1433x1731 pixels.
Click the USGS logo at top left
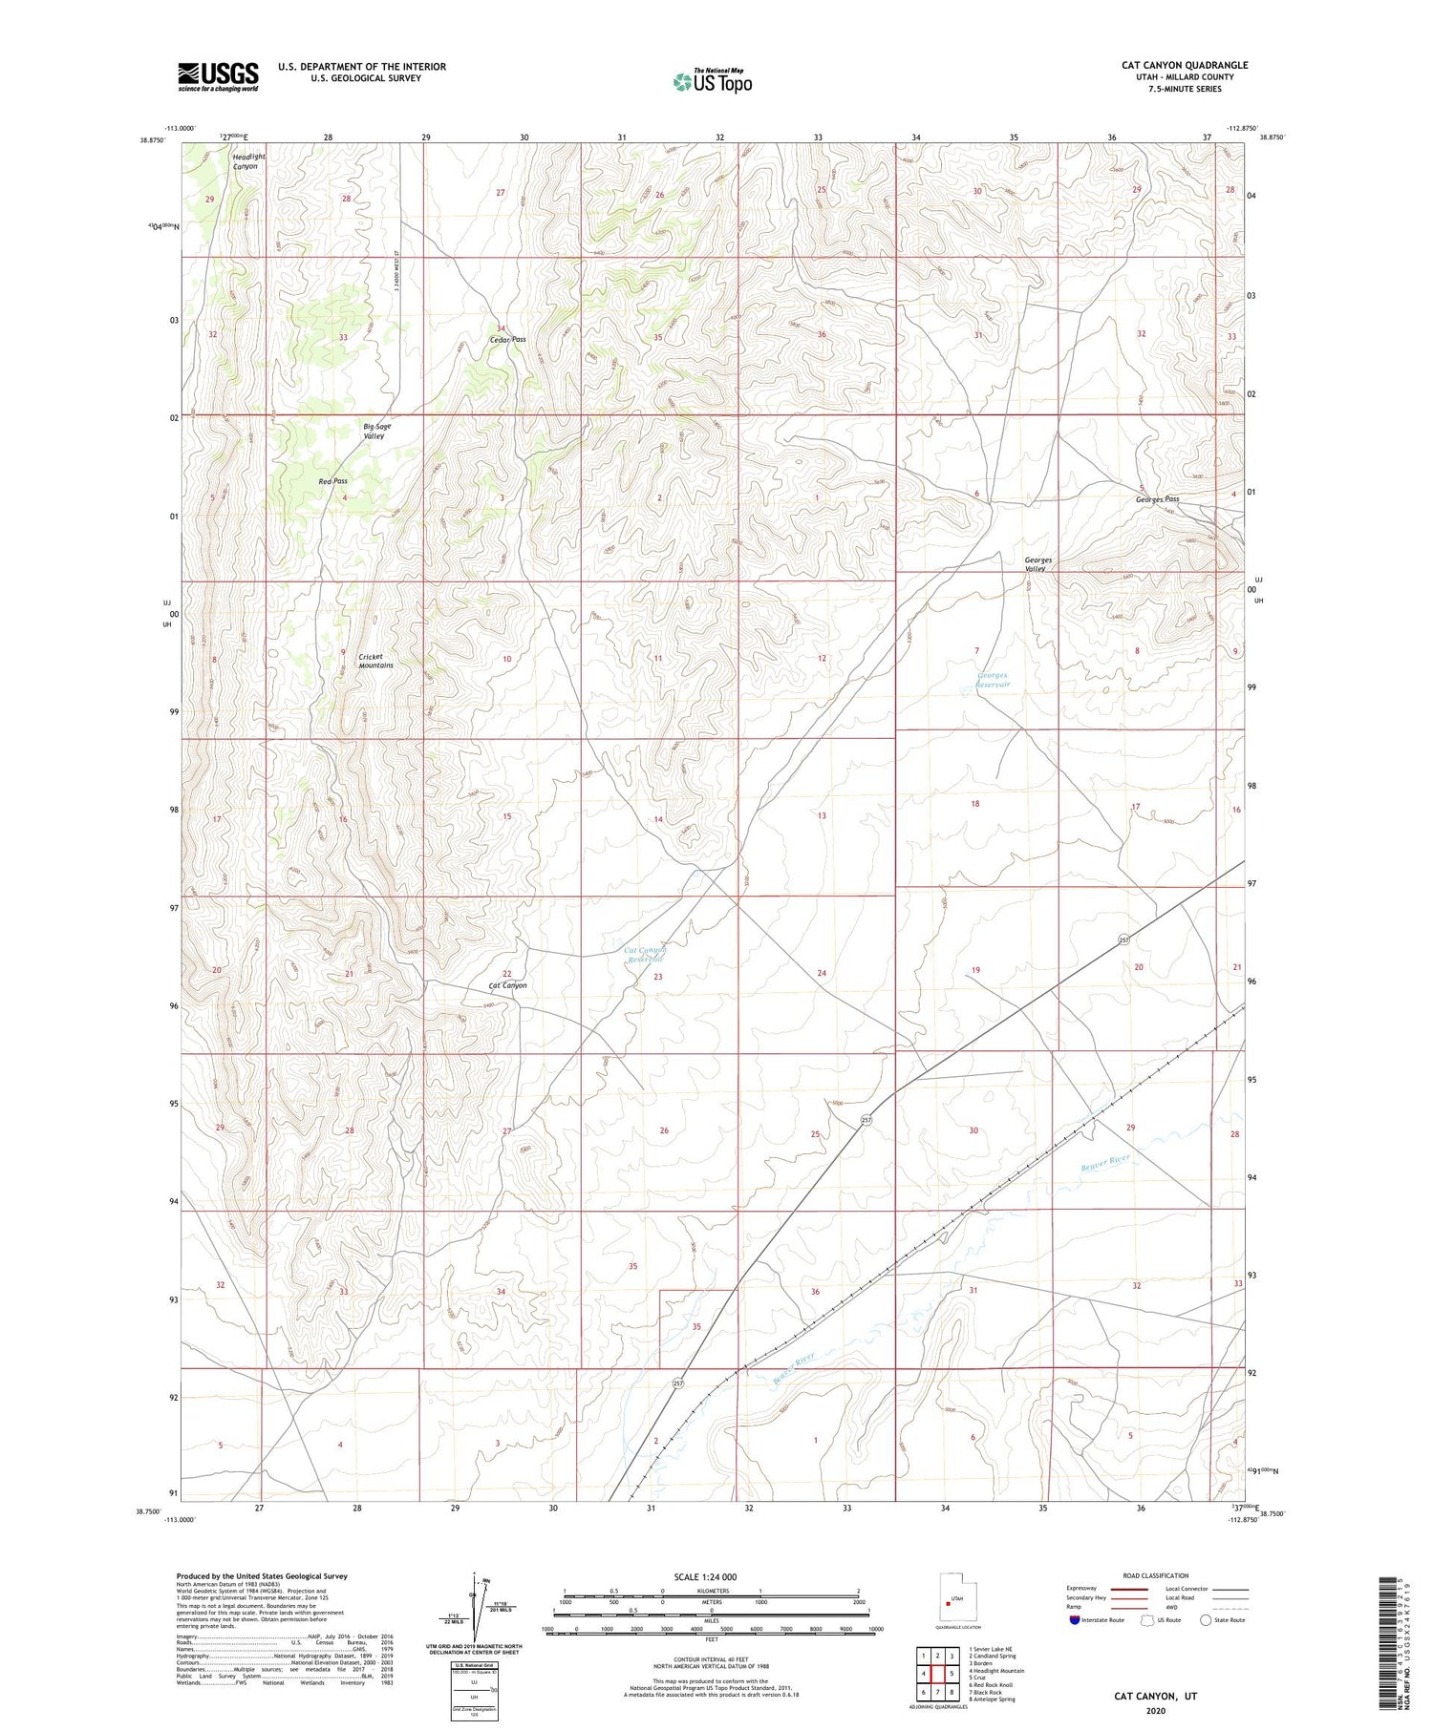pyautogui.click(x=218, y=76)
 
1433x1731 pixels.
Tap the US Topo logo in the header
pyautogui.click(x=712, y=81)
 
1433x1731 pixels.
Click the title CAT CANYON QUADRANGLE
pyautogui.click(x=1185, y=65)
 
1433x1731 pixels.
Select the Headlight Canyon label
pyautogui.click(x=247, y=161)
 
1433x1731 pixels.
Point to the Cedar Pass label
pyautogui.click(x=506, y=339)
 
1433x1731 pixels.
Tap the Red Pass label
pyautogui.click(x=332, y=481)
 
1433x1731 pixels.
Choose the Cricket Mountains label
pyautogui.click(x=375, y=661)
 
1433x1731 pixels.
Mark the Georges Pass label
pyautogui.click(x=1157, y=499)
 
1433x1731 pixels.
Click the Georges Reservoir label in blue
pyautogui.click(x=993, y=680)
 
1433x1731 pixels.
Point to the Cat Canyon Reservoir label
pyautogui.click(x=644, y=954)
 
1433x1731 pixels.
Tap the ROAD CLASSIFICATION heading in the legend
pyautogui.click(x=1155, y=1575)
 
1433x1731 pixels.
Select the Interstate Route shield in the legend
pyautogui.click(x=1075, y=1620)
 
